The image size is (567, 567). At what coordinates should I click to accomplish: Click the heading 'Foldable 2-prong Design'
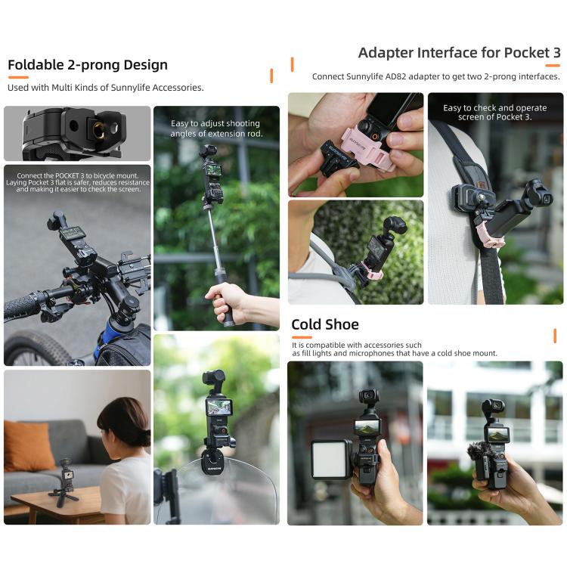[x=88, y=64]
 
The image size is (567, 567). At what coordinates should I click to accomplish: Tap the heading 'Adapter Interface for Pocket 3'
[x=459, y=53]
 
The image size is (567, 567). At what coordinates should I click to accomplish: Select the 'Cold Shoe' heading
[x=325, y=324]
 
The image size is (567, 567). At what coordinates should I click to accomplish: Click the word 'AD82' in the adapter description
[x=418, y=76]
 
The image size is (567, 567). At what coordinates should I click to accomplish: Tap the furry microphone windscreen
[x=480, y=454]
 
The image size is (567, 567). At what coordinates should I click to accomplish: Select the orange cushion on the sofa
[x=29, y=446]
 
